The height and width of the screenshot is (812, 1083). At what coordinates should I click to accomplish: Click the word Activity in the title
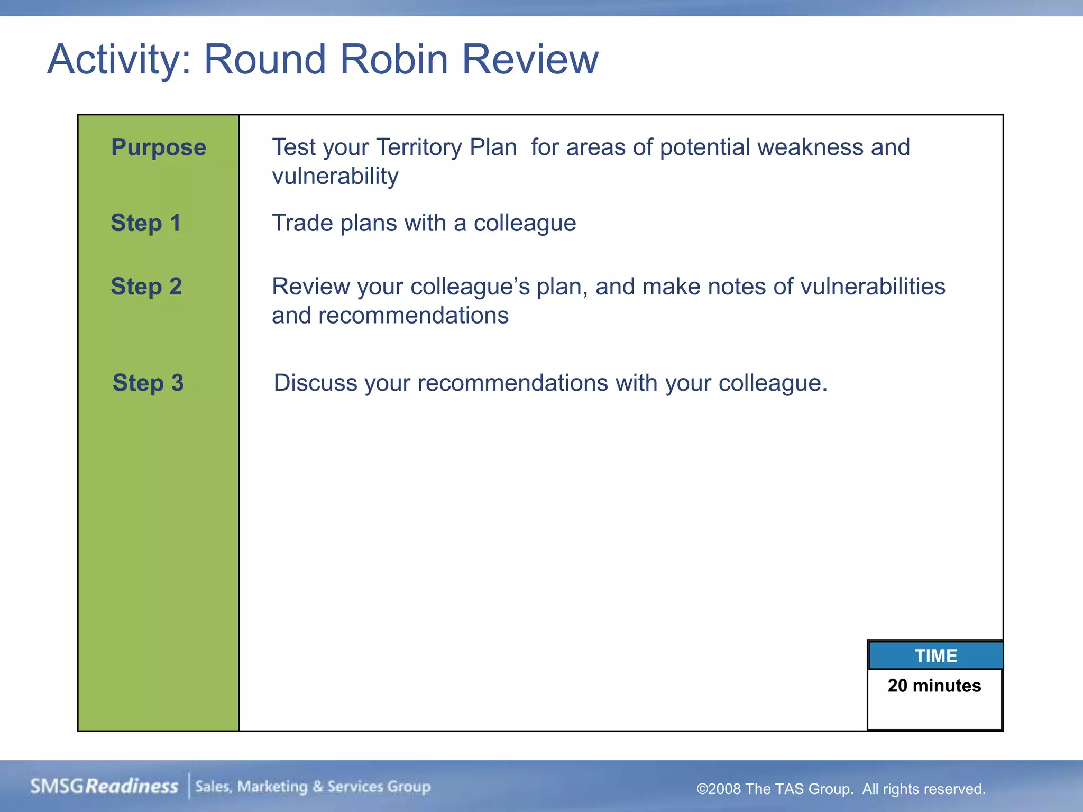pos(118,59)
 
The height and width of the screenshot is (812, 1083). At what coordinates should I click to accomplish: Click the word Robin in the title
pos(394,59)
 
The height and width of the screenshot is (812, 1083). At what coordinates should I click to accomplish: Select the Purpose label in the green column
pos(158,147)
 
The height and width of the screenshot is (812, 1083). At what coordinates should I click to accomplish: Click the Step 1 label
pos(145,223)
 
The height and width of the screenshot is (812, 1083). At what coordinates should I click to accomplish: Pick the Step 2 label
pos(146,287)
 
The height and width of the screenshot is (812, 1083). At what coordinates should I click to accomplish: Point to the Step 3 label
pos(148,383)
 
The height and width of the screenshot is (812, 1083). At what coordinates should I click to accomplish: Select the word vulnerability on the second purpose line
pos(335,176)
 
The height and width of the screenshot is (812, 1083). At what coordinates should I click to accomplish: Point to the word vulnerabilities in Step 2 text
pos(873,287)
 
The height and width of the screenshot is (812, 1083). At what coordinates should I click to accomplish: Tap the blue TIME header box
pos(935,656)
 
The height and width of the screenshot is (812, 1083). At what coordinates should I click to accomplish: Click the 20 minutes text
pos(934,686)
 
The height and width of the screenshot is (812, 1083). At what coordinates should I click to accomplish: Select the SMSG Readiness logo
pos(104,787)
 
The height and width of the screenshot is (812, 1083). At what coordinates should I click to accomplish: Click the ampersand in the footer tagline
pos(317,787)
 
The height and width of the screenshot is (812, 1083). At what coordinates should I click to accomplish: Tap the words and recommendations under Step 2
pos(390,316)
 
